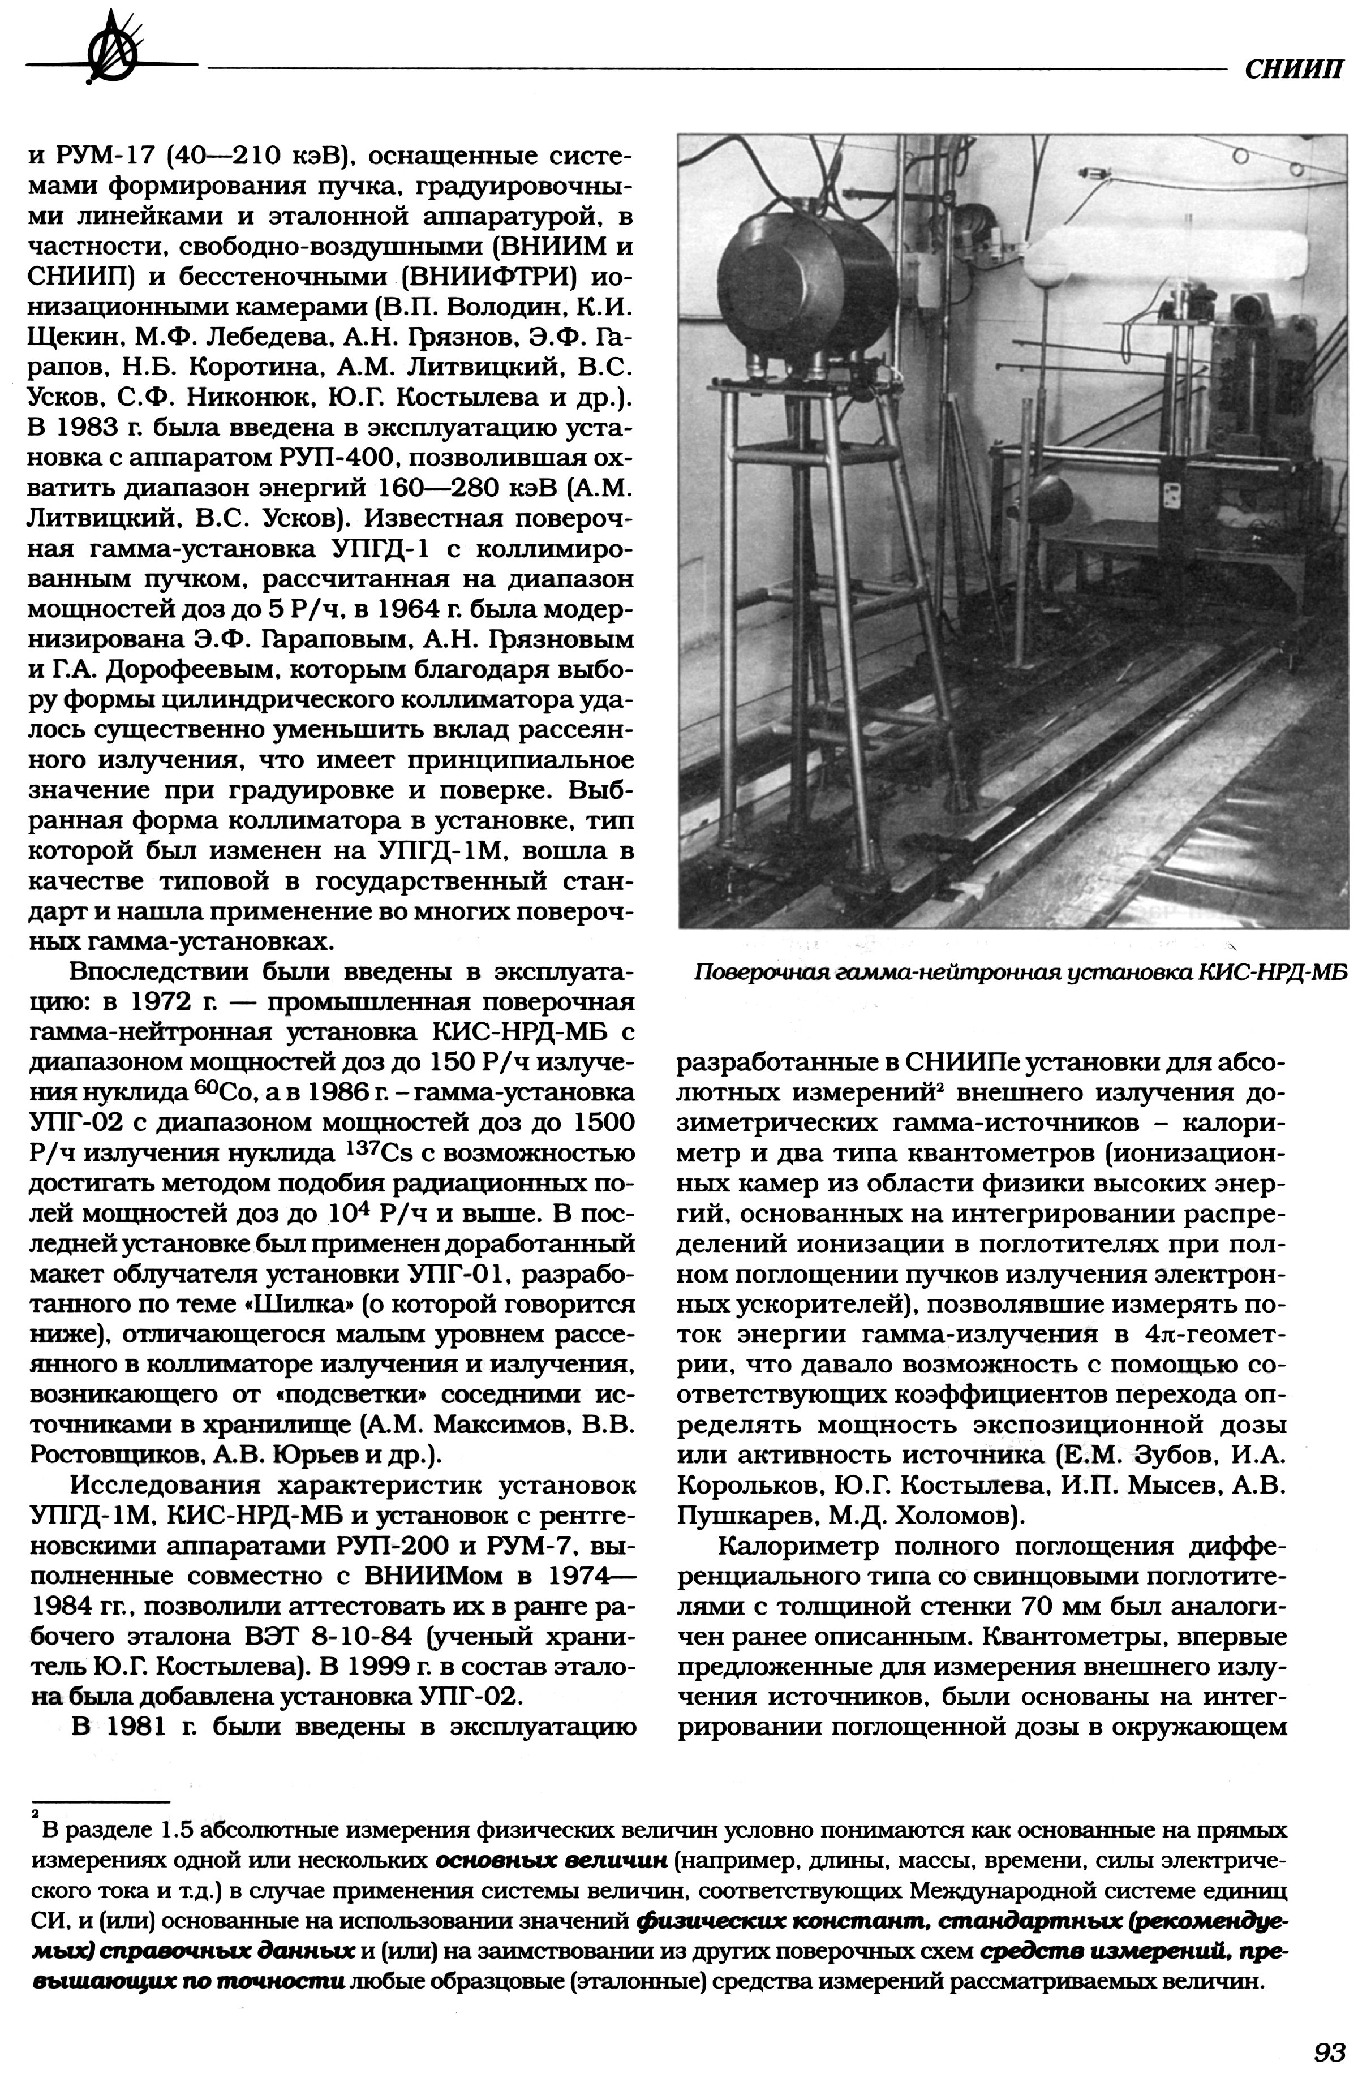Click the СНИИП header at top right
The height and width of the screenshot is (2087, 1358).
click(x=1293, y=70)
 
